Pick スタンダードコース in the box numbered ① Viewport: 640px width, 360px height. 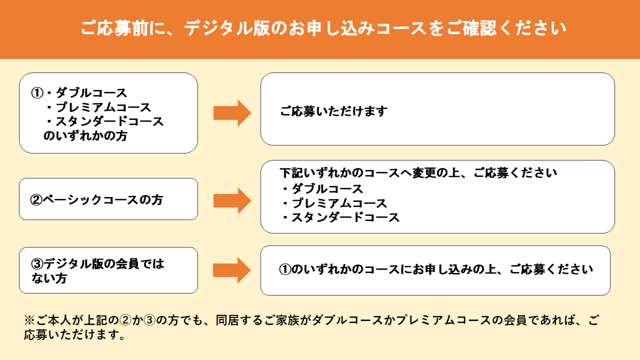[x=109, y=121]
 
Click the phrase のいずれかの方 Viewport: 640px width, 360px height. [x=85, y=135]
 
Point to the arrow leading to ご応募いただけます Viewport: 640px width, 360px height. [x=232, y=113]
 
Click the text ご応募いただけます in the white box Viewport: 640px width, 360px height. [x=333, y=111]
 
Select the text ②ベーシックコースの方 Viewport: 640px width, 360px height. [x=96, y=199]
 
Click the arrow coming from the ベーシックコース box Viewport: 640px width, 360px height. [x=232, y=201]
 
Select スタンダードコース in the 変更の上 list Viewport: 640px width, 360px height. [x=345, y=217]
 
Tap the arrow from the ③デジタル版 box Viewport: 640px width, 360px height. [x=232, y=270]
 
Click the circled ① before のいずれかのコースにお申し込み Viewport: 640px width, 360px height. [x=285, y=269]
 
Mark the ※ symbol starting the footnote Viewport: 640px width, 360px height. [x=29, y=320]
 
